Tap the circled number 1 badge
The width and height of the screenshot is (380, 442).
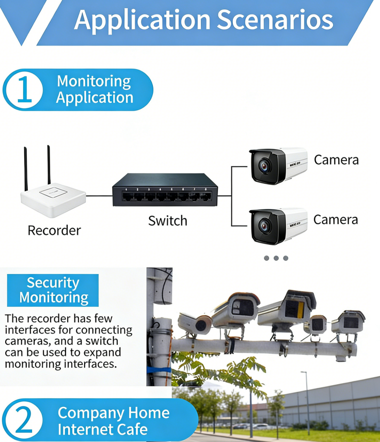coord(24,90)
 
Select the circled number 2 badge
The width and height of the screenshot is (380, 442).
coord(24,420)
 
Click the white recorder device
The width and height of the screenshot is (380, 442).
coord(53,201)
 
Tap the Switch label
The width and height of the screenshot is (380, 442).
coord(167,221)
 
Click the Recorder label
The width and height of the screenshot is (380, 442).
coord(54,230)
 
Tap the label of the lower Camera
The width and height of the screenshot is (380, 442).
coord(336,219)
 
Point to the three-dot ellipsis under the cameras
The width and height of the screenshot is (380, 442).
coord(276,258)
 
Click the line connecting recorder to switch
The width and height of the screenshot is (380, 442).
coord(99,196)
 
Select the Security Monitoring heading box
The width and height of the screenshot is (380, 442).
coord(53,290)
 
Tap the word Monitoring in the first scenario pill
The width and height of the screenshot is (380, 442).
coord(94,81)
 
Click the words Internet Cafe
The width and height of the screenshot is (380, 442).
coord(102,429)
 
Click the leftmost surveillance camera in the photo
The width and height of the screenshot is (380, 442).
coord(196,323)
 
